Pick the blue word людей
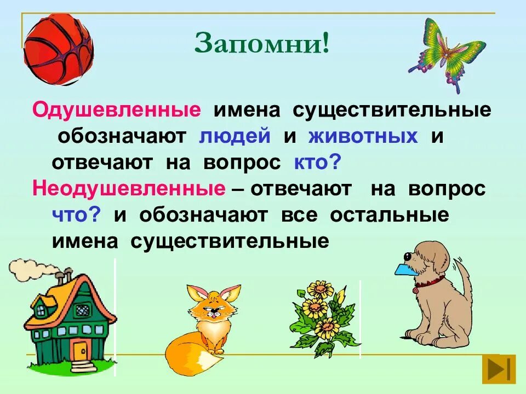coord(235,136)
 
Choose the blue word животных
coord(363,136)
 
